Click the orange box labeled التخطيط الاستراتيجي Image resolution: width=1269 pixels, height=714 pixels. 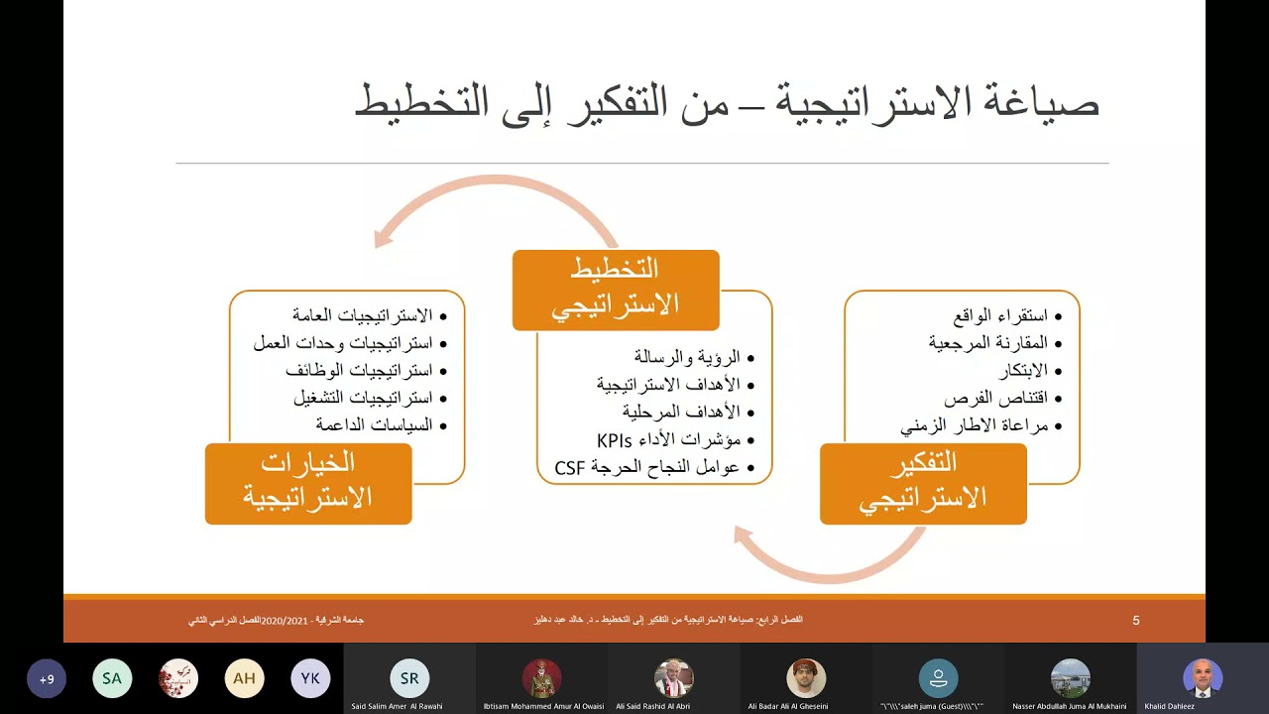616,290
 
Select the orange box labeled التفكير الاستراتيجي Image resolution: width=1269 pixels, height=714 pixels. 923,483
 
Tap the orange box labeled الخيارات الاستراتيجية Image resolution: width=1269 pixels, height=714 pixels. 308,483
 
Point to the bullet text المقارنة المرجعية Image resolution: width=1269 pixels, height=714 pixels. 987,343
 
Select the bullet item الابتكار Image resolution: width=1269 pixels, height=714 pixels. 1021,371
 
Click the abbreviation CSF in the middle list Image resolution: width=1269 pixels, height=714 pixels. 571,467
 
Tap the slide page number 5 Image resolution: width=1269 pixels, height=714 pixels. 1136,621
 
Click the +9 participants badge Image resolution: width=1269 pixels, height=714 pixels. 47,679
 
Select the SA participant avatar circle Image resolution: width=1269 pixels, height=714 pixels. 112,679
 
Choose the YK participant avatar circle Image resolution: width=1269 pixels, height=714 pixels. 310,679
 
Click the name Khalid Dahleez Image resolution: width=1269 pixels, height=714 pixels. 1170,706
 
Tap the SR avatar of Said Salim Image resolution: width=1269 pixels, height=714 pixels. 409,678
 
